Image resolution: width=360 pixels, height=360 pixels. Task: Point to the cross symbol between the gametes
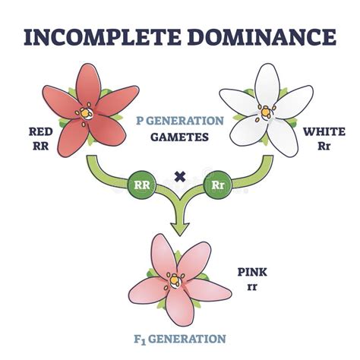coord(180,178)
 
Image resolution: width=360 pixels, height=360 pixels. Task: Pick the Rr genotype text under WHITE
coord(322,145)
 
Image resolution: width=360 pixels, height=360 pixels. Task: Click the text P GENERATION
coord(180,120)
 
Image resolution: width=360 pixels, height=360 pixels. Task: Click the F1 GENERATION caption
coord(180,338)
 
